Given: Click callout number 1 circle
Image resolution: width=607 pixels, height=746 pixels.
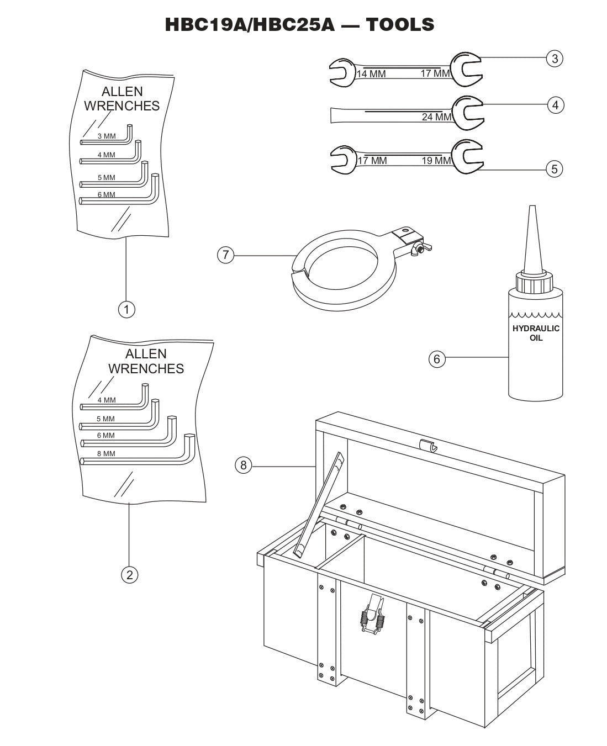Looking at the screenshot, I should coord(126,309).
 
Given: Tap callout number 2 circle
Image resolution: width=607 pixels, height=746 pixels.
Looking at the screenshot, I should coord(129,575).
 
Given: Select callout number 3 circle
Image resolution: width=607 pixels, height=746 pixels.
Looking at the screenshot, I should coord(555,58).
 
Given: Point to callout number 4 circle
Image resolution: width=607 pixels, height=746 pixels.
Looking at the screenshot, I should coord(555,104).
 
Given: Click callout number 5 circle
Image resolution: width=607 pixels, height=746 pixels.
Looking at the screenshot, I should coord(555,168).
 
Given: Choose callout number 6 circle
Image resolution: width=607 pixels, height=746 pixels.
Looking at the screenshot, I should coord(437,359).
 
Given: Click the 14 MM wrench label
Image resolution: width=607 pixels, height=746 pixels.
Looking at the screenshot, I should coord(371,74).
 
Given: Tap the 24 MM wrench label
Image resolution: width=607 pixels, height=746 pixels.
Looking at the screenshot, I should coord(436,117).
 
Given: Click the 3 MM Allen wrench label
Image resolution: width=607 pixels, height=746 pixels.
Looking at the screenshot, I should coord(107,136).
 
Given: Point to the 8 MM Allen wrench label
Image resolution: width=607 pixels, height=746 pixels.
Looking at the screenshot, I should coord(107,453).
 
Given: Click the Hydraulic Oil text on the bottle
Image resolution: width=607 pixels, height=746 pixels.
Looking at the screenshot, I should coord(536,333).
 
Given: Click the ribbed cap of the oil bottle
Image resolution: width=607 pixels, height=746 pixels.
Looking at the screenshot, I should coord(534,284).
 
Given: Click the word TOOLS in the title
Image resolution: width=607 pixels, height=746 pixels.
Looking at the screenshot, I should coord(400,24).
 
